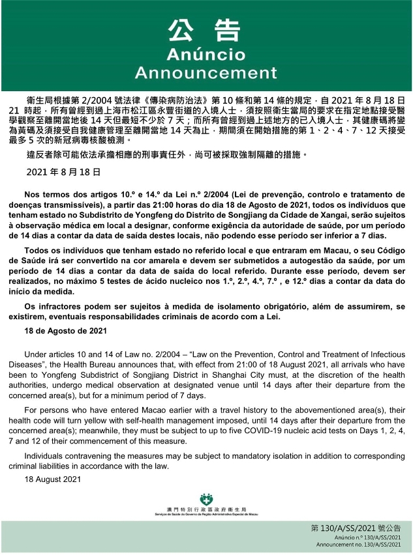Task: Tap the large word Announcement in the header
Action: click(206, 71)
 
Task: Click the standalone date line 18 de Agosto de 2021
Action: click(65, 330)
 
